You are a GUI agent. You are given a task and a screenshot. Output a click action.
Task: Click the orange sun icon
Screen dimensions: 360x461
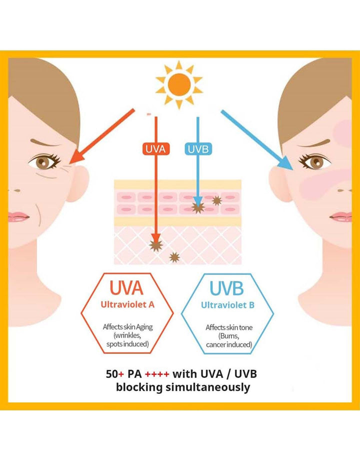(x=179, y=84)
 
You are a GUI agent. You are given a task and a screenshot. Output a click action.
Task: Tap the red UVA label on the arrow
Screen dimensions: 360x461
(x=156, y=149)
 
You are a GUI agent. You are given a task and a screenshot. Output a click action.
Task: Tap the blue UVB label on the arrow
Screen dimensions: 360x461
(x=198, y=149)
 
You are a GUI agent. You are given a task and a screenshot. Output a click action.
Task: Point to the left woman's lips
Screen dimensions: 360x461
(x=18, y=217)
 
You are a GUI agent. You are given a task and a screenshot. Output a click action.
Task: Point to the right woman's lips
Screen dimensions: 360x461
(x=341, y=217)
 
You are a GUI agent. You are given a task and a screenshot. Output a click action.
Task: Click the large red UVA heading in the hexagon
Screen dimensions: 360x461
(x=126, y=288)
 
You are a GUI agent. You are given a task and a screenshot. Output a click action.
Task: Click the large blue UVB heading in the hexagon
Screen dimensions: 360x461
(x=227, y=288)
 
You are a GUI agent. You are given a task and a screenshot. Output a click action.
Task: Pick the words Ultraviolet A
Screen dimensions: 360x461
(x=127, y=304)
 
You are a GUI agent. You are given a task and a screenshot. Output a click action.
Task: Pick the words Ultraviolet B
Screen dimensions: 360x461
(x=227, y=305)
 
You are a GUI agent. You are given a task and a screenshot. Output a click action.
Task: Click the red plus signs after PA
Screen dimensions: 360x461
(x=157, y=374)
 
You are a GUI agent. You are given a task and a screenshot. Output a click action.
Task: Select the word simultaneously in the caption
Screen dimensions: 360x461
(x=208, y=387)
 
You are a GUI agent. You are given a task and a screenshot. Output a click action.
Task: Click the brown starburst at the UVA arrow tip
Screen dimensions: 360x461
(x=156, y=245)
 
